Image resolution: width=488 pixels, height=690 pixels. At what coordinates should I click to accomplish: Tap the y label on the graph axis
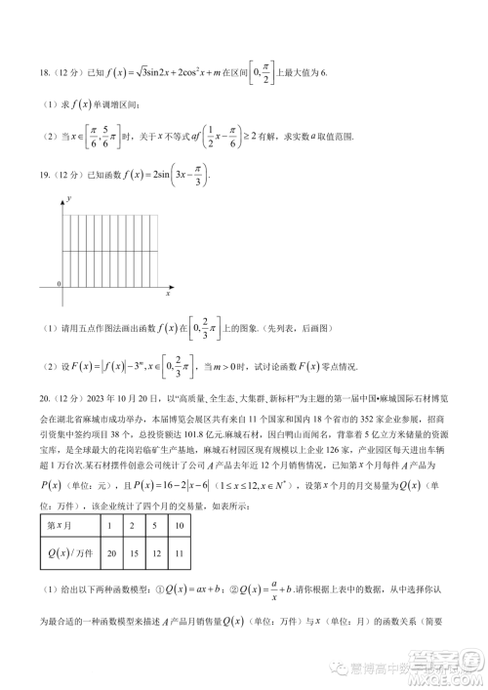point(69,198)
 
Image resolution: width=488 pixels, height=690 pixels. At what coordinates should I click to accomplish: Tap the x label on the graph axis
point(168,294)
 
